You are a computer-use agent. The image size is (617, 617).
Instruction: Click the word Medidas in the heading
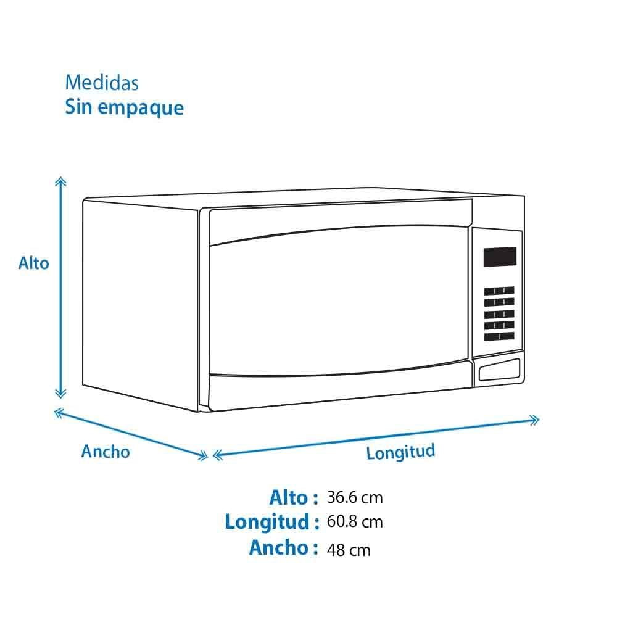(102, 83)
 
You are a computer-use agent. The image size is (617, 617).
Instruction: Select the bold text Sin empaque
(125, 107)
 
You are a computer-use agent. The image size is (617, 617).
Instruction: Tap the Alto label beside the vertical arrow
(34, 263)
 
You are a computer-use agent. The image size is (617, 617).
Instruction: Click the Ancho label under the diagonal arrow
(106, 452)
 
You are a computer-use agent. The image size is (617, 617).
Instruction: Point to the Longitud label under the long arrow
(400, 452)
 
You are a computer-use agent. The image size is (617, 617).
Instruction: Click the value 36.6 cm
(355, 497)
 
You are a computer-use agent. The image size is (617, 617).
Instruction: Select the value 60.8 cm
(355, 521)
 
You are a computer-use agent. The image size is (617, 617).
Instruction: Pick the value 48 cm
(349, 550)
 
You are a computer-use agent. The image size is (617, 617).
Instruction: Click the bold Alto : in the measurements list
(294, 497)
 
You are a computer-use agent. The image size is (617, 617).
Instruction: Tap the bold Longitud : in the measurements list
(272, 522)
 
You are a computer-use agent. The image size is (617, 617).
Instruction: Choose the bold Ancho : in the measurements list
(284, 547)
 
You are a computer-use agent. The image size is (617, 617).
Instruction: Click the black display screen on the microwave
(500, 257)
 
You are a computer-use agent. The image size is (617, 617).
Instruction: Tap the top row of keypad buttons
(499, 291)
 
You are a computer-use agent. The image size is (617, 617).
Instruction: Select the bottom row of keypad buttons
(499, 336)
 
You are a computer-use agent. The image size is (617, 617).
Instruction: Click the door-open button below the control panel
(499, 370)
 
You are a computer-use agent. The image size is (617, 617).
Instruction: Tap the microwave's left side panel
(141, 303)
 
